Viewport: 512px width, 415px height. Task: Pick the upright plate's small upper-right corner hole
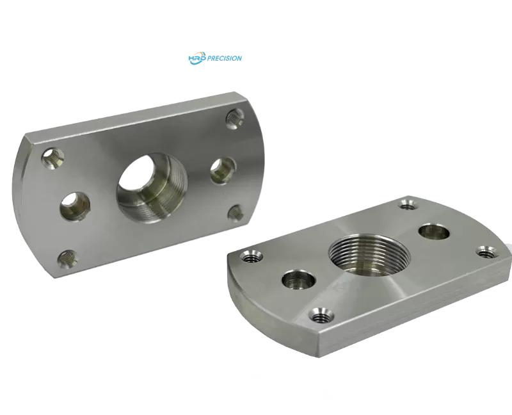[234, 118]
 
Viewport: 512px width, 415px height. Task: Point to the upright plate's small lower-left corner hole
[67, 259]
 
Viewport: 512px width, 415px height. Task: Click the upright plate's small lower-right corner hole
[236, 213]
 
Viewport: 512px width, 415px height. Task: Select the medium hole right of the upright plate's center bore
[223, 168]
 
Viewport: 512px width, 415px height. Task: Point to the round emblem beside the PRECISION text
[195, 58]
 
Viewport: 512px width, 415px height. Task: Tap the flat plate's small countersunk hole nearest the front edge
[320, 314]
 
